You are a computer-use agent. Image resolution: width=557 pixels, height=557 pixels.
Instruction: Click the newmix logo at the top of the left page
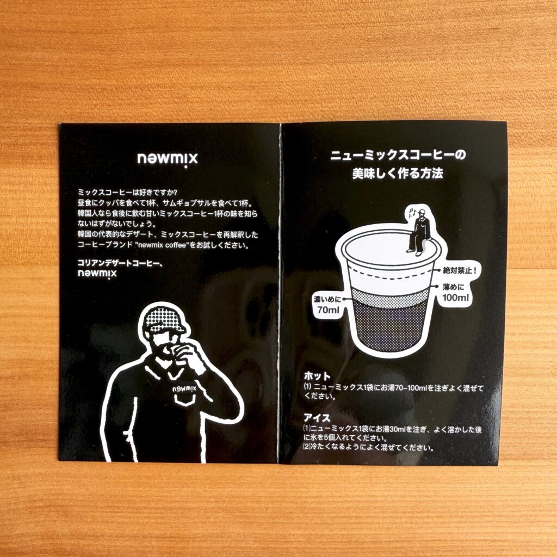point(168,159)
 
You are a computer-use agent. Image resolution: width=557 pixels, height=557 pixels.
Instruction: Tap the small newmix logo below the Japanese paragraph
point(97,274)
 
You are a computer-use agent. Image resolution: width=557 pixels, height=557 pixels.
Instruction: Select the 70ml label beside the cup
point(328,305)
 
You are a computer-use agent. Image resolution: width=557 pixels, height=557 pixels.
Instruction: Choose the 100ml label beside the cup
point(456,293)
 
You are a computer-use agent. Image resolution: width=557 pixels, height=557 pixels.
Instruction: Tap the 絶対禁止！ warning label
point(460,271)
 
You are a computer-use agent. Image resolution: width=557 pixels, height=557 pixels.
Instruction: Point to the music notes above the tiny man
point(412,213)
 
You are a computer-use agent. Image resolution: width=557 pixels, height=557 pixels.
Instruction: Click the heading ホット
point(317,376)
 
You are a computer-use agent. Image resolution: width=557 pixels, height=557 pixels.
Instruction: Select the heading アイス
point(317,418)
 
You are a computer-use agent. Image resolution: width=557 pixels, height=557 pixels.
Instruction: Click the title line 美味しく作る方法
point(398,174)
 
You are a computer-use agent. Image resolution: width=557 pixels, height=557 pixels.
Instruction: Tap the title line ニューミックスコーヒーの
point(398,155)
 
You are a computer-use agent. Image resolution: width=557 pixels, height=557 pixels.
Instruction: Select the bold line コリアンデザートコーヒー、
point(120,263)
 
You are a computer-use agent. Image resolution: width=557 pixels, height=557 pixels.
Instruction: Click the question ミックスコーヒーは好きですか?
point(127,193)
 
